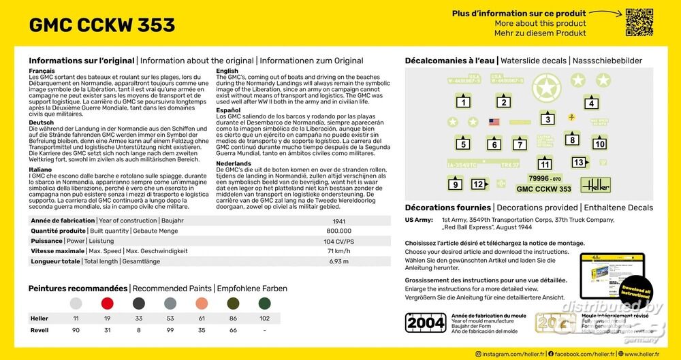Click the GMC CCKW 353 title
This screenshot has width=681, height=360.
(102, 25)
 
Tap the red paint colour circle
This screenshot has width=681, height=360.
(107, 303)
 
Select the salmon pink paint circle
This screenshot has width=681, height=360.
(202, 303)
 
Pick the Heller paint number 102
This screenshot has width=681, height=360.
(264, 318)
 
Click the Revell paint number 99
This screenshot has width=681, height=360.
(170, 331)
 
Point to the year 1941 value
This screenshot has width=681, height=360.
(338, 221)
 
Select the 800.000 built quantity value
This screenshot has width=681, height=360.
(338, 231)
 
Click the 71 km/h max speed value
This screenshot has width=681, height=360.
(338, 251)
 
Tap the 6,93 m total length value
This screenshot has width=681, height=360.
(338, 261)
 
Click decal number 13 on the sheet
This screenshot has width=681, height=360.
(579, 163)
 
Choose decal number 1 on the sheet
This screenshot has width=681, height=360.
(463, 103)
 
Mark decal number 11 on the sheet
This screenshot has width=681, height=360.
(545, 164)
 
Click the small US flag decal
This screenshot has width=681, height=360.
(494, 122)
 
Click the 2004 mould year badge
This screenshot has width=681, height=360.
(426, 323)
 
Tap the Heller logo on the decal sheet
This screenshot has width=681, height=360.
(595, 184)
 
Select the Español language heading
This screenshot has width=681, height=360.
(228, 110)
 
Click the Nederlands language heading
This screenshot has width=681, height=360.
(234, 164)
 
